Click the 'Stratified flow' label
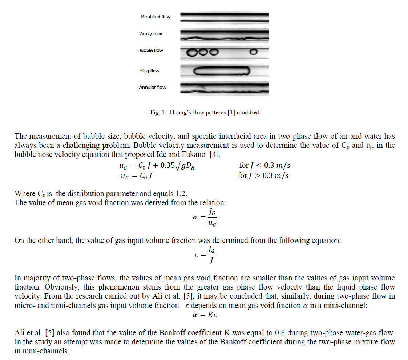pyautogui.click(x=155, y=17)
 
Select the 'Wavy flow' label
pyautogui.click(x=150, y=34)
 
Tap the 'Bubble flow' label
pyautogui.click(x=150, y=50)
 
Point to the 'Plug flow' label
pyautogui.click(x=149, y=71)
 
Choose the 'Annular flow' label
pyautogui.click(x=153, y=87)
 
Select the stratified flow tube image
pyautogui.click(x=225, y=17)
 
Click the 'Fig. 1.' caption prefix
pyautogui.click(x=157, y=113)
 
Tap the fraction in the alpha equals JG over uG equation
pyautogui.click(x=212, y=218)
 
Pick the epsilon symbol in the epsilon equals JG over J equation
pyautogui.click(x=196, y=255)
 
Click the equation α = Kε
pyautogui.click(x=205, y=315)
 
